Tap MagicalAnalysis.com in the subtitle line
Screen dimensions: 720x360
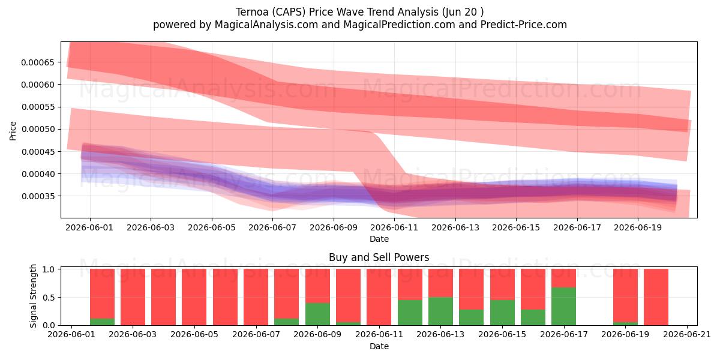tap(266, 25)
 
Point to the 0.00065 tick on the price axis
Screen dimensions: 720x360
tap(38, 62)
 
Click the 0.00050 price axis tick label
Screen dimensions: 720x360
tap(38, 129)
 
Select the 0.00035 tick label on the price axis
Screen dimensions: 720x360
tap(38, 196)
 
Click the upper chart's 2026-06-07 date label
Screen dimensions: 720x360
tap(272, 227)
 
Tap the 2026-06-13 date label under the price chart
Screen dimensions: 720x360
tap(455, 227)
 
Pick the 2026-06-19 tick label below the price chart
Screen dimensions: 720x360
tap(638, 227)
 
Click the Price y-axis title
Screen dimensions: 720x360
tap(13, 131)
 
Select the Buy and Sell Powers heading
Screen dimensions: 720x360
tap(379, 257)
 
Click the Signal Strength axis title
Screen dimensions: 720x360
tap(33, 296)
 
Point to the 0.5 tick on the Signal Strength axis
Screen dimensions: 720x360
tap(49, 298)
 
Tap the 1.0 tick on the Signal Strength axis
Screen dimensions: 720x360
tap(49, 269)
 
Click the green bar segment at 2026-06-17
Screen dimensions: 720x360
tap(563, 307)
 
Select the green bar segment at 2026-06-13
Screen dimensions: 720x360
tap(440, 311)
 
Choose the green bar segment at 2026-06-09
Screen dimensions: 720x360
tap(317, 314)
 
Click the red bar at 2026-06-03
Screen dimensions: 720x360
tap(133, 297)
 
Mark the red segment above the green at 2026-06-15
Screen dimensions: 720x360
tap(502, 284)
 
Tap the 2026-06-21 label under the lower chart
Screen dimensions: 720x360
tap(687, 335)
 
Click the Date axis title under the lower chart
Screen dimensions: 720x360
tap(379, 346)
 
